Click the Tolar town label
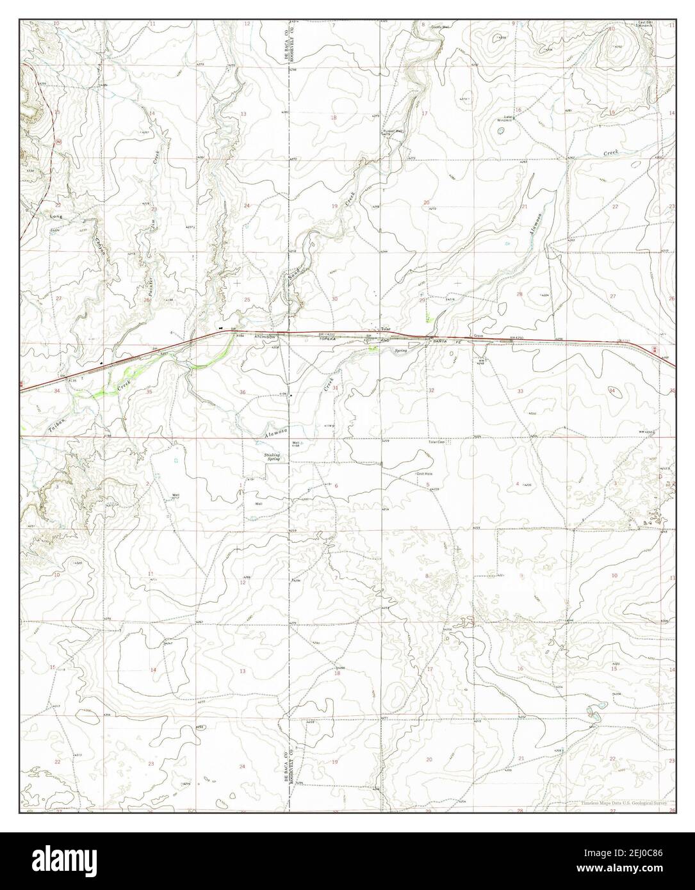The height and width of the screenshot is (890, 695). click(x=386, y=329)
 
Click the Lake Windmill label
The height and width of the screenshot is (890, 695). click(x=509, y=119)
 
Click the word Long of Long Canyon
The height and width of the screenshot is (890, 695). click(x=56, y=217)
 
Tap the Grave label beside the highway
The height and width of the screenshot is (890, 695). click(x=477, y=336)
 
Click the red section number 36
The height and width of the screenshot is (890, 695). click(x=243, y=392)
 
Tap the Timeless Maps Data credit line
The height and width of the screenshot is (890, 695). click(x=624, y=803)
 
